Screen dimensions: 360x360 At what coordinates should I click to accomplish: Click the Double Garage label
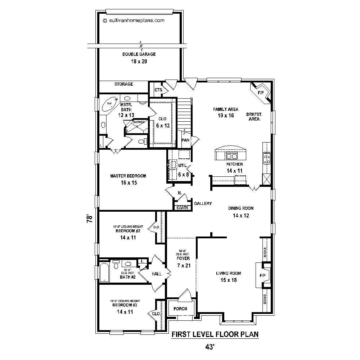coord(139,54)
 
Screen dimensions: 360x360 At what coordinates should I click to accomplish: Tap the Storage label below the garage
coord(123,84)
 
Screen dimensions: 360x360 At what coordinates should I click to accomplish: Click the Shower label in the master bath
coord(139,122)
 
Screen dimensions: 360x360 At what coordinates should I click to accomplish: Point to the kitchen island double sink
coord(231,156)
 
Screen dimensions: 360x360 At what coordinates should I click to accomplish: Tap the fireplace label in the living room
coord(262,275)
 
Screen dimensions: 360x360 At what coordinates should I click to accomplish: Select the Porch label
coord(180,309)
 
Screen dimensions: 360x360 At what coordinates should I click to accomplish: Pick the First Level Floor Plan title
coord(215,334)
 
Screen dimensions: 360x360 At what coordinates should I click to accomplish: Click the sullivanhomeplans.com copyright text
coord(134,21)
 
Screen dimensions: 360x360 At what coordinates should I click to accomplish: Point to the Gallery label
coord(203,203)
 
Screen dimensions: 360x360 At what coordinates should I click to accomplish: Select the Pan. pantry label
coord(186,140)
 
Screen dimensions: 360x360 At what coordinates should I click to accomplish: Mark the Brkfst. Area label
coord(254,117)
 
